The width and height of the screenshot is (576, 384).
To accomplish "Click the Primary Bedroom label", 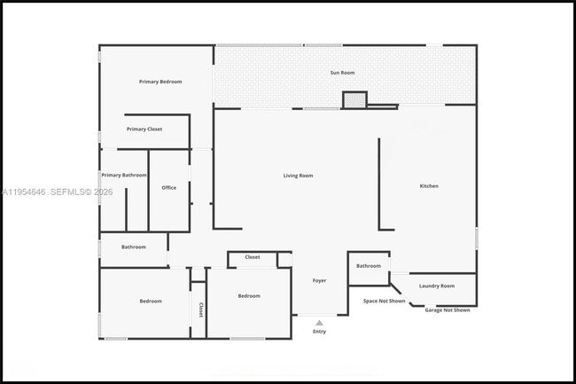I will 160,82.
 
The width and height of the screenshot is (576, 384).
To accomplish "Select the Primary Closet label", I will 144,129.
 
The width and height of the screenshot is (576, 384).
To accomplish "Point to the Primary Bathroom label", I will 124,176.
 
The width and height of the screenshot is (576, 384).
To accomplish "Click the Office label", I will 168,188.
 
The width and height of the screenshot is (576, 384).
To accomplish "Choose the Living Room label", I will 298,176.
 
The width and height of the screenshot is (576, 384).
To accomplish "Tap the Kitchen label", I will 429,186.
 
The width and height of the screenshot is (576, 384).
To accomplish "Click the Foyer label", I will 319,280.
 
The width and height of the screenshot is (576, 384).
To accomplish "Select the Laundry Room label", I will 437,286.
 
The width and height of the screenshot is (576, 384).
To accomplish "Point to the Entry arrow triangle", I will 319,323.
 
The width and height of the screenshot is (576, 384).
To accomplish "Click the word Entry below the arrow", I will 319,332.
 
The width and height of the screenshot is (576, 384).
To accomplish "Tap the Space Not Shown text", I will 385,301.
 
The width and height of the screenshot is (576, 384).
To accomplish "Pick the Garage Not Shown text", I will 448,310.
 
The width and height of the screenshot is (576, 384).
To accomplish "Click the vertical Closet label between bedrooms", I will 200,310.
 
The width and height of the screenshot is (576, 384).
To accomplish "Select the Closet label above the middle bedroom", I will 253,257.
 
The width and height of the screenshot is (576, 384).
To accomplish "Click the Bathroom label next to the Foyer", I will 369,266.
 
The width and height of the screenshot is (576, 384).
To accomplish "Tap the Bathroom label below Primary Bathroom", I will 134,247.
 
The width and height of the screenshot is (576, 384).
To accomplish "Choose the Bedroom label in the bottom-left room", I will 151,301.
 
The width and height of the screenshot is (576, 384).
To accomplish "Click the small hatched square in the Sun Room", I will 354,100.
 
